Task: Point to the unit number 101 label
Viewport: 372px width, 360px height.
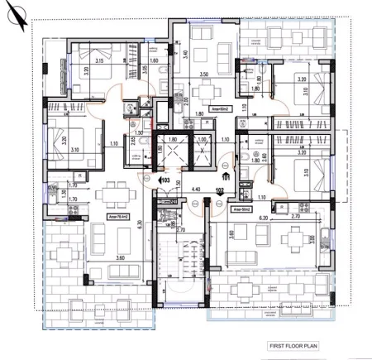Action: [226, 176]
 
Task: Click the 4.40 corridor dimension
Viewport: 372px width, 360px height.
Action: [194, 189]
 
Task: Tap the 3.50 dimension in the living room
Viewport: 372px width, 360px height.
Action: [203, 74]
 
